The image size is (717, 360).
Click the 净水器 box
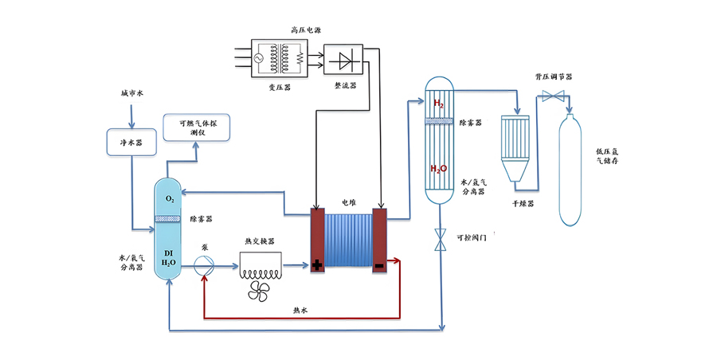pyautogui.click(x=131, y=143)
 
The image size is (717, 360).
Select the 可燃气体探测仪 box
pyautogui.click(x=197, y=127)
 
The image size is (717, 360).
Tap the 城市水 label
pyautogui.click(x=131, y=93)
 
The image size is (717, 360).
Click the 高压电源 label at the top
pyautogui.click(x=306, y=30)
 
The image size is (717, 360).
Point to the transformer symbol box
pyautogui.click(x=279, y=58)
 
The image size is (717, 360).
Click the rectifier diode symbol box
pyautogui.click(x=343, y=60)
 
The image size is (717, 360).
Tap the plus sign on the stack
pyautogui.click(x=317, y=265)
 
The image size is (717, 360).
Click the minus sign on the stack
pyautogui.click(x=379, y=265)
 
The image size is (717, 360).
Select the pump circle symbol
pyautogui.click(x=204, y=266)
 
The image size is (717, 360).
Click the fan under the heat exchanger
pyautogui.click(x=259, y=291)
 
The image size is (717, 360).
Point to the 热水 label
pyautogui.click(x=300, y=310)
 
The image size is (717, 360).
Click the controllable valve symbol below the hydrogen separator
pyautogui.click(x=440, y=239)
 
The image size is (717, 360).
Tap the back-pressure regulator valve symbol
pyautogui.click(x=553, y=96)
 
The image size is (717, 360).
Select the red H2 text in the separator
pyautogui.click(x=438, y=104)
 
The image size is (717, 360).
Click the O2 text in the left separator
pyautogui.click(x=170, y=199)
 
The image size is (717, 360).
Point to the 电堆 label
pyautogui.click(x=349, y=202)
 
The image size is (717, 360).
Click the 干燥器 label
pyautogui.click(x=523, y=204)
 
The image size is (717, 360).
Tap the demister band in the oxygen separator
pyautogui.click(x=167, y=219)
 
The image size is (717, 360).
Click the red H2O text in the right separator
pyautogui.click(x=438, y=169)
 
